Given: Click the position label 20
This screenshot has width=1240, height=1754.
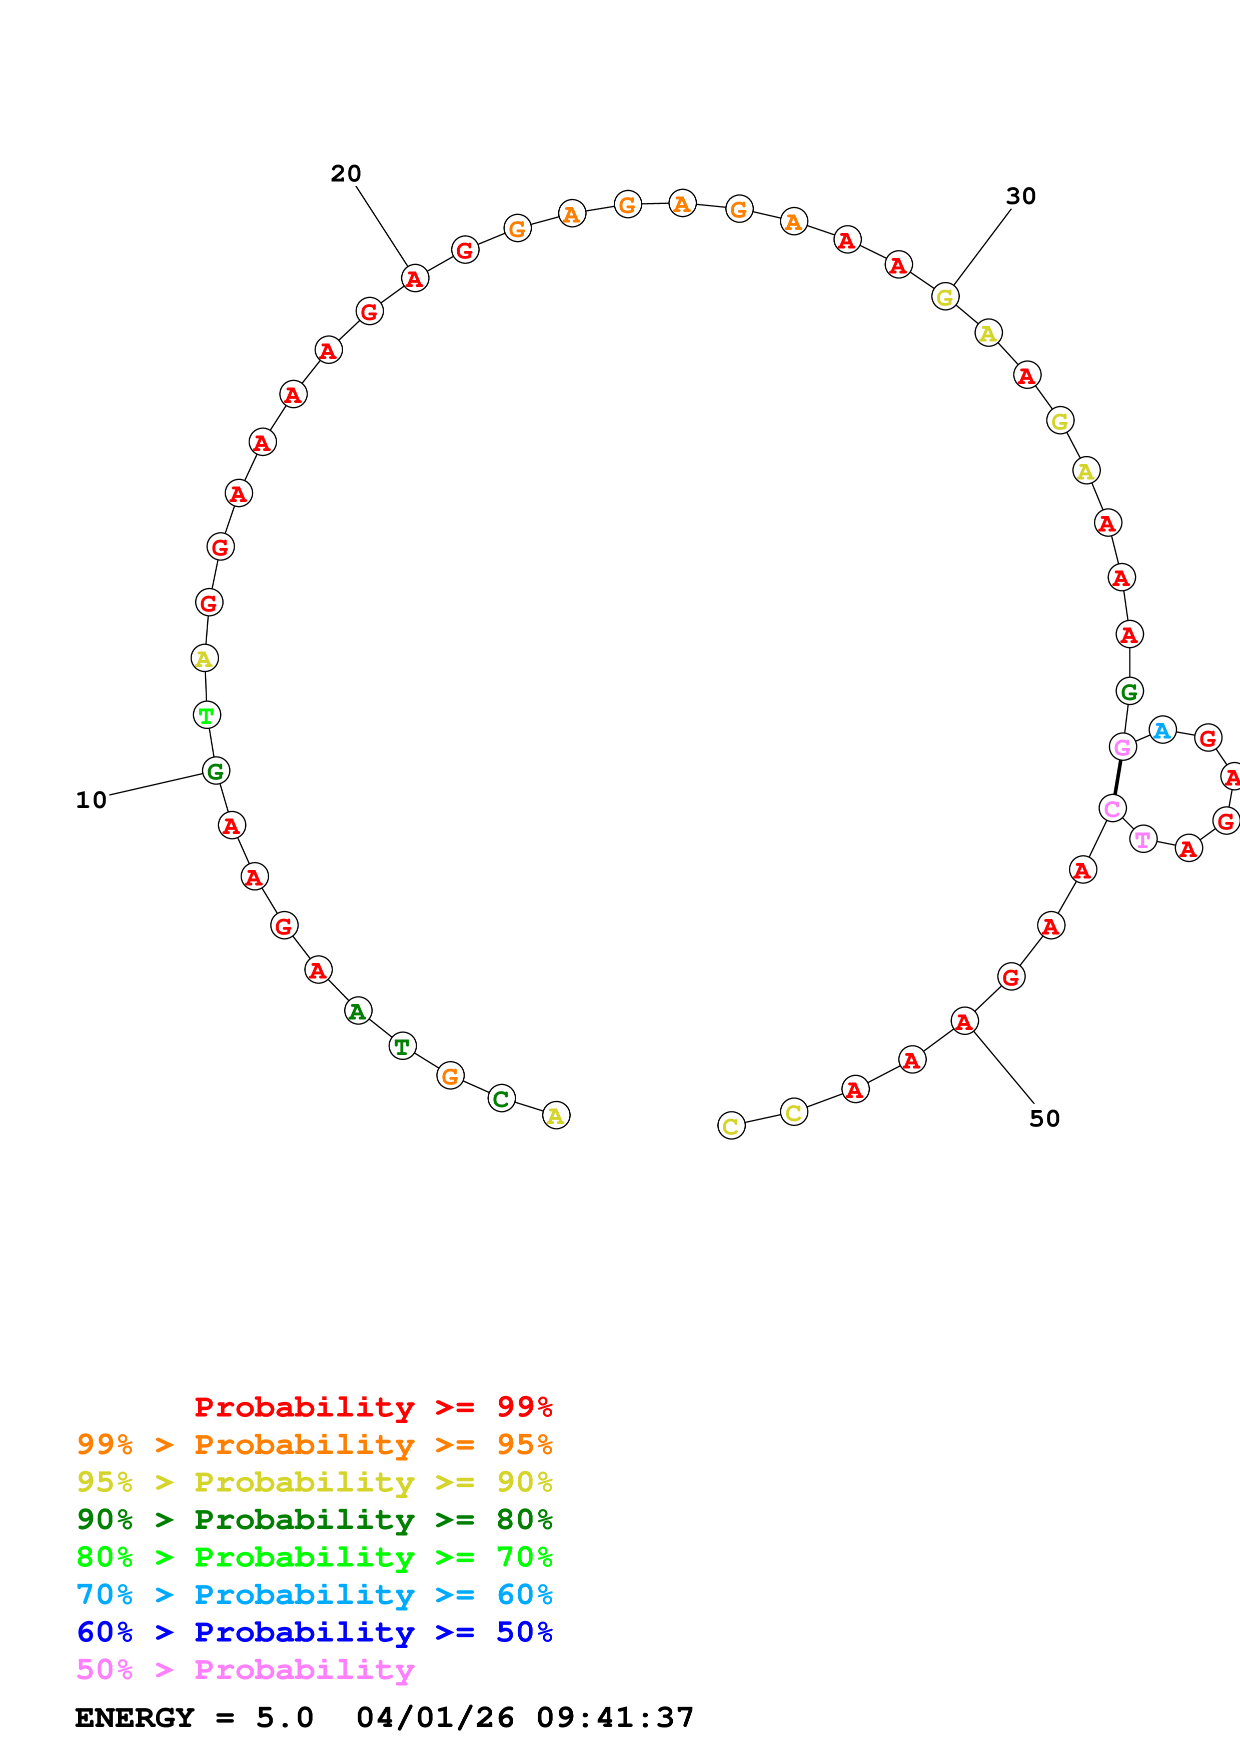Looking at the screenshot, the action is (x=345, y=174).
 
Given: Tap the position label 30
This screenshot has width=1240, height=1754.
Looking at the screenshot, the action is (x=1021, y=196).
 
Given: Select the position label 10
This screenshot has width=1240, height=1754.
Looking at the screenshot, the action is (x=91, y=800).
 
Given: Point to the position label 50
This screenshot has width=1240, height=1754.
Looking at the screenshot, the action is (x=1044, y=1118).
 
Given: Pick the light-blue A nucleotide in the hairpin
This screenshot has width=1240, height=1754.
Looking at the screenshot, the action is (x=1162, y=730).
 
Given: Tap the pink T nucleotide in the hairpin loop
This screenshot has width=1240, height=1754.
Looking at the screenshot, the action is (x=1143, y=839).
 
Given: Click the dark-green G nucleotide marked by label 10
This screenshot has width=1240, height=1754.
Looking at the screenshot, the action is (x=216, y=771).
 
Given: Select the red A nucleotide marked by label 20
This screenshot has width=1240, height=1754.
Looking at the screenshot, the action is (x=415, y=279).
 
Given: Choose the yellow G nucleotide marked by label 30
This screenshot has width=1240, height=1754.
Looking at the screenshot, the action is (x=945, y=297).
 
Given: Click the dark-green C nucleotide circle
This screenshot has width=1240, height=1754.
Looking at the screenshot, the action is (x=501, y=1098).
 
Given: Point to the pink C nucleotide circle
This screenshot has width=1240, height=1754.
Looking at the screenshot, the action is (x=1112, y=807).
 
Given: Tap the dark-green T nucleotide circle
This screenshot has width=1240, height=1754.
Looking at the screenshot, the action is (x=403, y=1046).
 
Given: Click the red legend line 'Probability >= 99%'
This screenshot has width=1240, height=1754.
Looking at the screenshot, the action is (x=373, y=1406).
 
